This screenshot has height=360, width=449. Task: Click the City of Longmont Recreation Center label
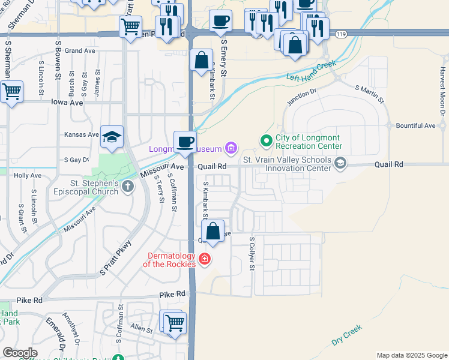tap(309, 142)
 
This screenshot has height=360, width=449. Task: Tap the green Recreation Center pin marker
tap(266, 140)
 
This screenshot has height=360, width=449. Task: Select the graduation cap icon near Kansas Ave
tap(112, 137)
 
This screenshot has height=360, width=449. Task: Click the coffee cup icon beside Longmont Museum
tap(185, 142)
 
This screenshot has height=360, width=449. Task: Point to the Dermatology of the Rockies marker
tap(205, 259)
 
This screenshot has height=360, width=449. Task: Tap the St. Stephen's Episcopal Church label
tap(89, 187)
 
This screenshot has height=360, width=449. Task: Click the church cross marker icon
tap(127, 187)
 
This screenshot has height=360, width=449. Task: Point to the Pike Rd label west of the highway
tap(170, 295)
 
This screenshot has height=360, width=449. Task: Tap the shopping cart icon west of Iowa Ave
tap(11, 92)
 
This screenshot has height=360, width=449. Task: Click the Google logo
tap(20, 352)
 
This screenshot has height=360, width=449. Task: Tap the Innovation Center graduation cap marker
tap(340, 163)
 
